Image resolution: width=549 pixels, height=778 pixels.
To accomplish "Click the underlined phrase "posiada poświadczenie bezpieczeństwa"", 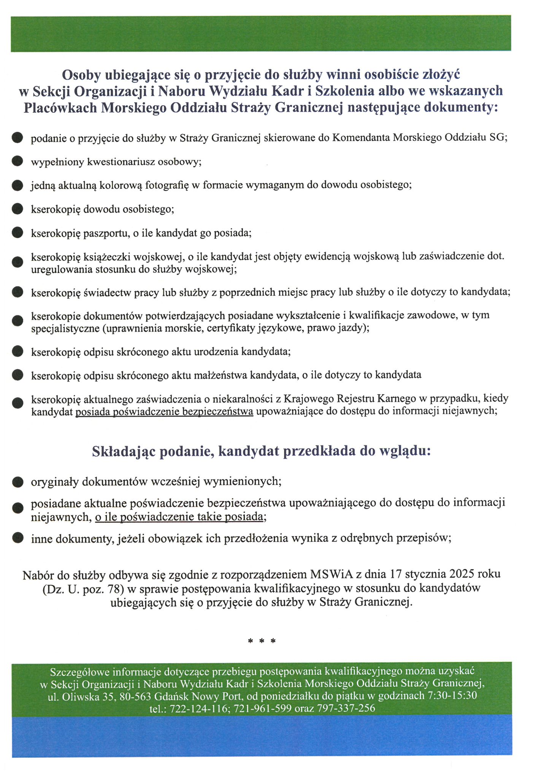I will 164,411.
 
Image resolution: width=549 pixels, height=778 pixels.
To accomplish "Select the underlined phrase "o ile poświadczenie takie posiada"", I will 179,517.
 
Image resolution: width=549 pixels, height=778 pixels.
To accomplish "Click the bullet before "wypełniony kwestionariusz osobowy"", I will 17,161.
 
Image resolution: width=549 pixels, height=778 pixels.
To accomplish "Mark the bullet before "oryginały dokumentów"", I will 17,482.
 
